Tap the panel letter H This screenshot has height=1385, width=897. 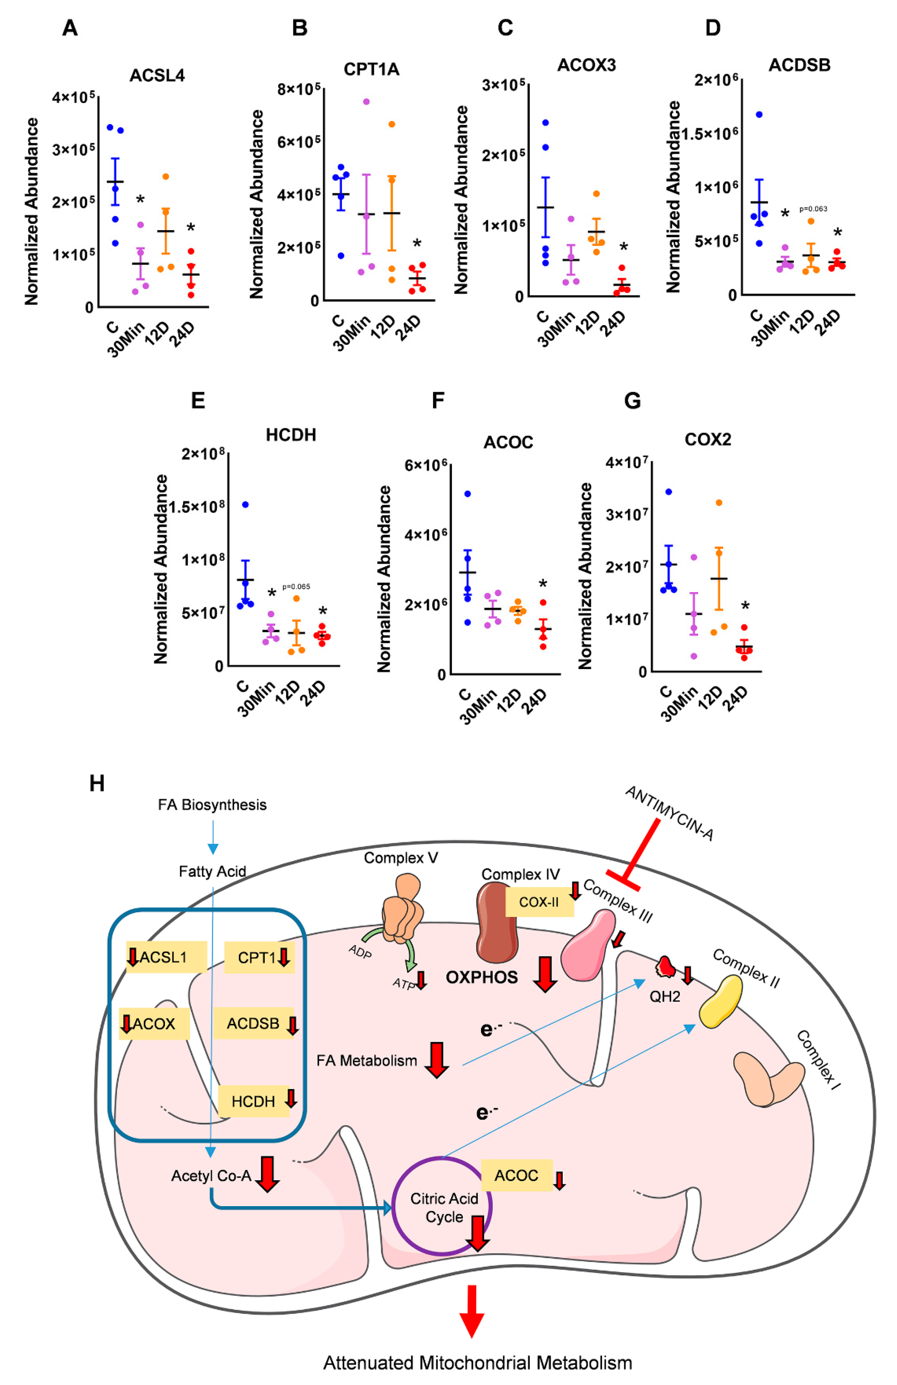pos(96,784)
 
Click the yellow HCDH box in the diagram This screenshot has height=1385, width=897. pos(253,1102)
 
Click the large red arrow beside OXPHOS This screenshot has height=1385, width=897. pos(545,973)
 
